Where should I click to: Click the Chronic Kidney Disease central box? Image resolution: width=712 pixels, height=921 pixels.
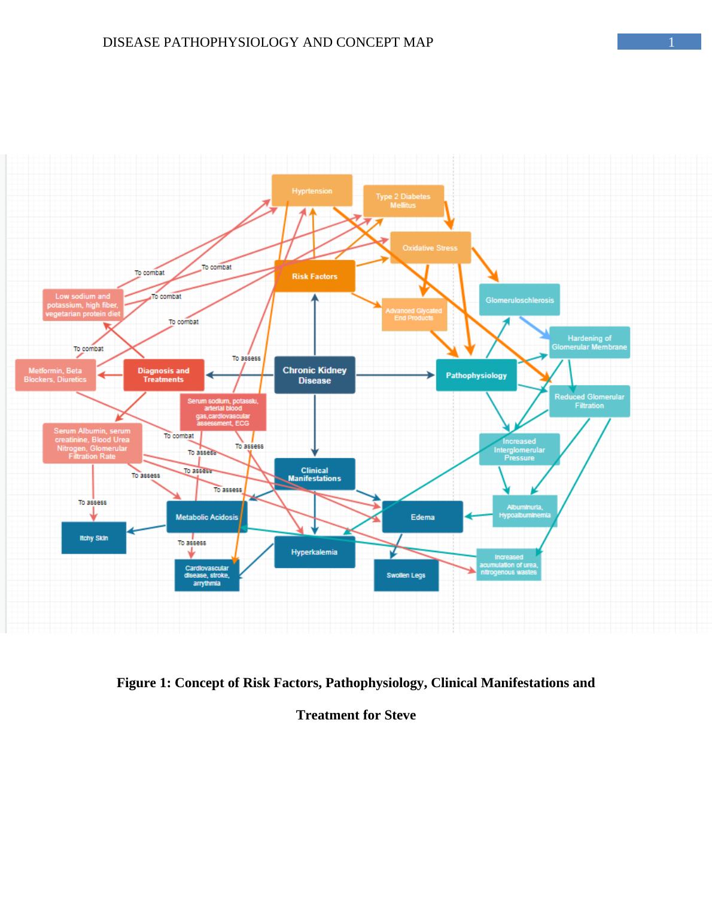pos(314,375)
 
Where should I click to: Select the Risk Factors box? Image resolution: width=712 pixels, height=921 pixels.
pos(314,276)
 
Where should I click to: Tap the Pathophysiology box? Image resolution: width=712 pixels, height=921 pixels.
pos(476,376)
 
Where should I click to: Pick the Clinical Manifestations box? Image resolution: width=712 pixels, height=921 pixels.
pos(314,474)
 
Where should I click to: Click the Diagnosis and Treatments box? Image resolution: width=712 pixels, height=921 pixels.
pos(163,375)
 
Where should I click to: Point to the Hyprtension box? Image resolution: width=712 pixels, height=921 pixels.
pos(312,191)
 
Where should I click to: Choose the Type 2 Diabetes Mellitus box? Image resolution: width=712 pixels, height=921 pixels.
pos(403,201)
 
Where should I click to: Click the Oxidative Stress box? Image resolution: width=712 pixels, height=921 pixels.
pos(430,248)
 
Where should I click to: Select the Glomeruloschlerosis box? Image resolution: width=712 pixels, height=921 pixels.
pos(519,300)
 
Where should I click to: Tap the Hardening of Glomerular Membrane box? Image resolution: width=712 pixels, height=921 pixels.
pos(589,343)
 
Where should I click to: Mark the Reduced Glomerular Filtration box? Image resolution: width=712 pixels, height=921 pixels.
pos(589,401)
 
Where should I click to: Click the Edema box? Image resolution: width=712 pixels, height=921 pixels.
pos(422,517)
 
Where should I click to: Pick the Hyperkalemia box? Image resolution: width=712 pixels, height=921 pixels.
pos(314,552)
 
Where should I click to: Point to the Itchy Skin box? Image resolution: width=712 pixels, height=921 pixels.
pos(94,538)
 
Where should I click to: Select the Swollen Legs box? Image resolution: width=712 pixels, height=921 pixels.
pos(406,575)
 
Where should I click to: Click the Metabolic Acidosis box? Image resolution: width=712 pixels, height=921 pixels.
pos(206,517)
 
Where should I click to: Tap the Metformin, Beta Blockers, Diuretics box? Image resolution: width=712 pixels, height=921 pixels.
pos(55,375)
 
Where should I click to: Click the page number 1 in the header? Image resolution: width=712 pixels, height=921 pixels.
pos(671,42)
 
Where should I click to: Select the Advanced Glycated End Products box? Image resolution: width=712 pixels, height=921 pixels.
pos(414,315)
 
